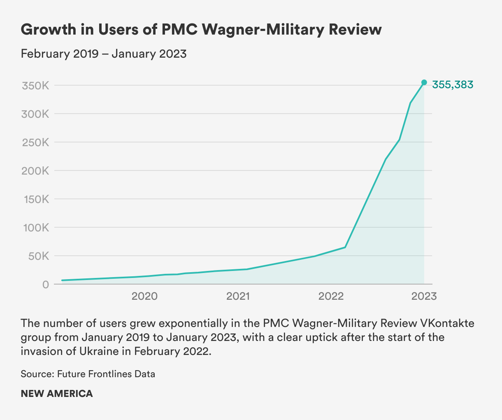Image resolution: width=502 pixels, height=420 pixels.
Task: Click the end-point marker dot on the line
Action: (x=424, y=82)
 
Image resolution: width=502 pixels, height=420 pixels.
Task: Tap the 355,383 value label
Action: (x=453, y=85)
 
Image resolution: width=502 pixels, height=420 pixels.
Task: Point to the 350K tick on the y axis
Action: (x=35, y=86)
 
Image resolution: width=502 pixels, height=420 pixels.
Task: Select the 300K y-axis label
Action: (x=35, y=114)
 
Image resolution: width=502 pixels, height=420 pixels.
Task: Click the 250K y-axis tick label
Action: (x=35, y=142)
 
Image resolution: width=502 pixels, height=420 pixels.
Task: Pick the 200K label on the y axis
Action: (x=35, y=171)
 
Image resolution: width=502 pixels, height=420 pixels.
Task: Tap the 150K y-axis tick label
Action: (x=35, y=199)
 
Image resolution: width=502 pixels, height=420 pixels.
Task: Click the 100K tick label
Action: (x=35, y=228)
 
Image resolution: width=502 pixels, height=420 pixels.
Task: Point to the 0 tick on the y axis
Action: (x=45, y=285)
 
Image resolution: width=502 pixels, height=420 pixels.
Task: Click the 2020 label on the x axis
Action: (x=144, y=296)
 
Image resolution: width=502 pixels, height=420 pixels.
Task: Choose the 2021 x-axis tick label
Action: (x=238, y=296)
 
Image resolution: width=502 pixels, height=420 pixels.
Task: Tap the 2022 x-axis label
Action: (x=331, y=296)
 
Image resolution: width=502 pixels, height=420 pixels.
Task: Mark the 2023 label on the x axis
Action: (x=424, y=296)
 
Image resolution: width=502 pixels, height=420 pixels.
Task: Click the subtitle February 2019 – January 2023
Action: (x=104, y=54)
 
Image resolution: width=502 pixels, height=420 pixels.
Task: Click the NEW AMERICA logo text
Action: (x=57, y=394)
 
